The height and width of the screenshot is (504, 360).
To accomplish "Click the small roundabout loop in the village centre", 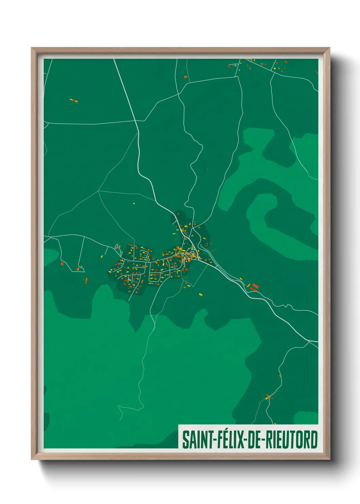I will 192,254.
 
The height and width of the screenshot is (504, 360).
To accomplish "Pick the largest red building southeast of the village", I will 254,285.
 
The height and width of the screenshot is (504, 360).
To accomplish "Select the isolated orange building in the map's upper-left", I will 74,100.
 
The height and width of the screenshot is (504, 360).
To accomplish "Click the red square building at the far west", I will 62,263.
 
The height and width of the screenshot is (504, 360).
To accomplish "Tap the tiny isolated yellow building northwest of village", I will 134,203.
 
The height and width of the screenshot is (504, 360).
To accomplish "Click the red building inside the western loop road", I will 78,269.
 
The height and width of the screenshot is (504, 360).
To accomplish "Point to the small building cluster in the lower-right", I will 269,396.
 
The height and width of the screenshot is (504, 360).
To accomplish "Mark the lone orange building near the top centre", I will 185,77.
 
